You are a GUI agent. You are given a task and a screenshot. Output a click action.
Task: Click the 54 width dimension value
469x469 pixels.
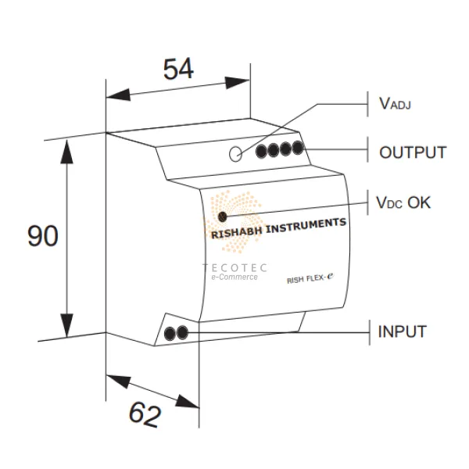pos(178,70)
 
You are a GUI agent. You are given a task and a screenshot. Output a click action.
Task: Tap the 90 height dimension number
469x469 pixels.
pos(43,235)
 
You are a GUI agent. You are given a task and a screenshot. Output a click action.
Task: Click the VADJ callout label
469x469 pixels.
pos(396,103)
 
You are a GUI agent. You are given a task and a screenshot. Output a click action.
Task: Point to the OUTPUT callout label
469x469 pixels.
pos(413,152)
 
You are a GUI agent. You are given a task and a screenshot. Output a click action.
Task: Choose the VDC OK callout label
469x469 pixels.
pos(403,202)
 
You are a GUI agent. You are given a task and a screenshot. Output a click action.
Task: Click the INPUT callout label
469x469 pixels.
pos(403,331)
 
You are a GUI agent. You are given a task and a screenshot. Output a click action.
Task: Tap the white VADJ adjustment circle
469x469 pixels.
pos(237,153)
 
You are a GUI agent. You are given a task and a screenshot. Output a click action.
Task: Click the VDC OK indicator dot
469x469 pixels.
pos(223,217)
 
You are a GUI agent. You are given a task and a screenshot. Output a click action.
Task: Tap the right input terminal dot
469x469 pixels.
pos(182,333)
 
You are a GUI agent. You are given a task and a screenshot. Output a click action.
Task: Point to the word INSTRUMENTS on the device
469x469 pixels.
pos(306,224)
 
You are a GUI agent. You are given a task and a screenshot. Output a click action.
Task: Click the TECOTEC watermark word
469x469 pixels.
pos(234,267)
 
